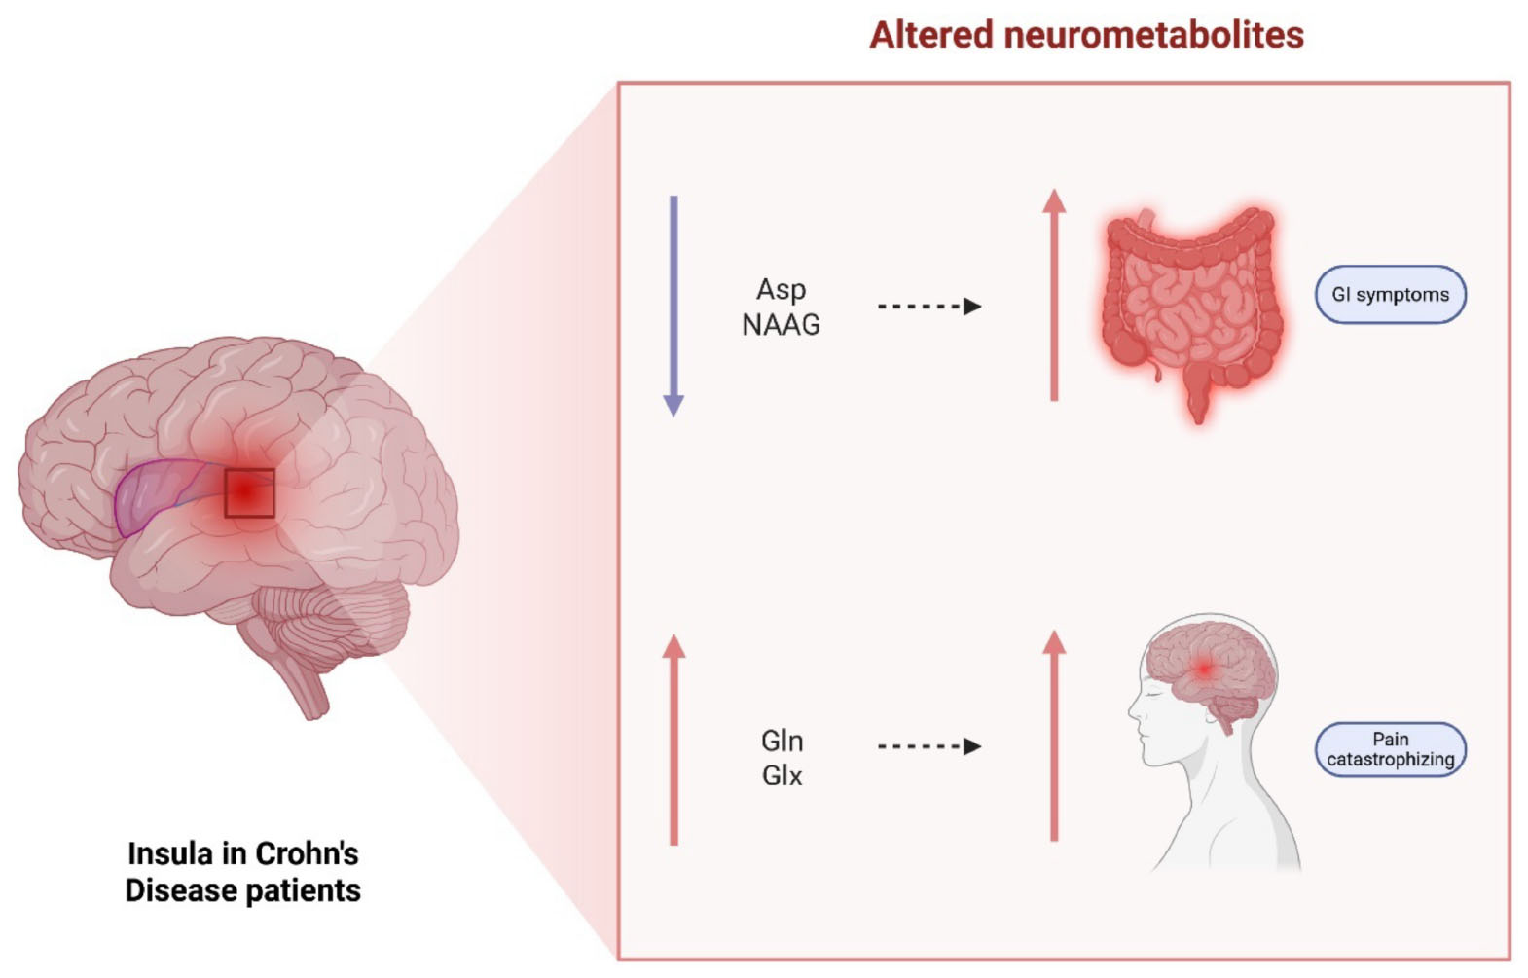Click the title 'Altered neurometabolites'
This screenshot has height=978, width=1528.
point(1085,35)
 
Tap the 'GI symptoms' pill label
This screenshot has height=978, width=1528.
point(1390,295)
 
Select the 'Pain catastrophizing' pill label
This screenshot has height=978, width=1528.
point(1390,749)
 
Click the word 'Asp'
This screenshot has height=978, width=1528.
point(781,290)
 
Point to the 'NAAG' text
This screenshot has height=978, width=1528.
point(781,325)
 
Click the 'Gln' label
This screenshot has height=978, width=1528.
point(782,742)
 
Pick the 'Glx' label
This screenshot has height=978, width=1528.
point(782,776)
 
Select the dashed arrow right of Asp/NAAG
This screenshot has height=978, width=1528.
point(928,307)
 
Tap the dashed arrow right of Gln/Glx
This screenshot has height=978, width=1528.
point(928,746)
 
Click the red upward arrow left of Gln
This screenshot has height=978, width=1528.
point(673,740)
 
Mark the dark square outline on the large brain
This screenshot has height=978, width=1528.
point(249,492)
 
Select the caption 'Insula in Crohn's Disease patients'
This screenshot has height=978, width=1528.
point(243,872)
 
